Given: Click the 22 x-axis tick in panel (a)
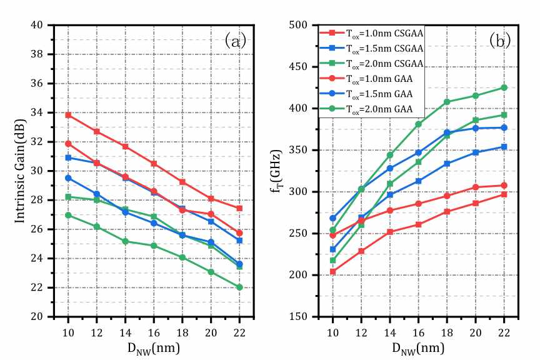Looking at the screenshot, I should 239,329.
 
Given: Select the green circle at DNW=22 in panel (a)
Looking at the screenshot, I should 239,287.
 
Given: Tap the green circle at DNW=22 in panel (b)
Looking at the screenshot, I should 504,87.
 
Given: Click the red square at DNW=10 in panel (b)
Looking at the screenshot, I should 333,272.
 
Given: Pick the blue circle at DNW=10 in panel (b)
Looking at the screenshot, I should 333,218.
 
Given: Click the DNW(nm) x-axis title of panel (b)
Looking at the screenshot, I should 418,347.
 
